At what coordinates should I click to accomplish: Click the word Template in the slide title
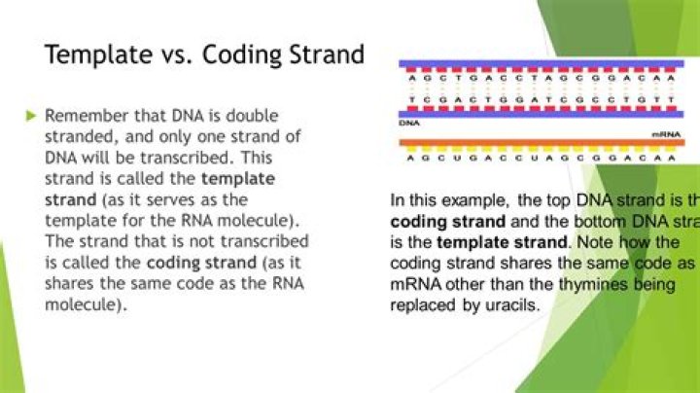click(94, 54)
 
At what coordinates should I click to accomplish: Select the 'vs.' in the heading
click(171, 54)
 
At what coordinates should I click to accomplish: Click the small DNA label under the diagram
click(408, 124)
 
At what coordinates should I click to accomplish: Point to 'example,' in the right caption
click(477, 200)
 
